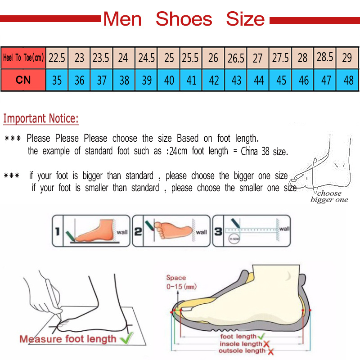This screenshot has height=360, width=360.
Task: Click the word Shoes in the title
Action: [184, 19]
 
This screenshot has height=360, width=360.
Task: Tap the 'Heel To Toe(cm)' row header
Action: [23, 58]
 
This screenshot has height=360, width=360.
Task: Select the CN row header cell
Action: [23, 80]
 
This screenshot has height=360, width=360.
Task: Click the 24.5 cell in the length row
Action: [147, 58]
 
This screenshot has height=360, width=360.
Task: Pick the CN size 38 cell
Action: [124, 80]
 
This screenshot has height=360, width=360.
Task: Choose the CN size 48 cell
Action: [348, 80]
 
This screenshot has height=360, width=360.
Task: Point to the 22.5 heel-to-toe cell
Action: [57, 58]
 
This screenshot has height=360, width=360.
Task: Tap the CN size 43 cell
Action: [236, 80]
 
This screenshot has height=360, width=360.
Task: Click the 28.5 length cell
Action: [325, 57]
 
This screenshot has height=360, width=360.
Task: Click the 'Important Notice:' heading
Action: [41, 119]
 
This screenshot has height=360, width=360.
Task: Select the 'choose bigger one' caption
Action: [329, 197]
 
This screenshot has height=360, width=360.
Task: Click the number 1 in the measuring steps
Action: [58, 232]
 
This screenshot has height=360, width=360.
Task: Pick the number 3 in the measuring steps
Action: [218, 232]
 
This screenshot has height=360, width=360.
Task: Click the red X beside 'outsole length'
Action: [270, 351]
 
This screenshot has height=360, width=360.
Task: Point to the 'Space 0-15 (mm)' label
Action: [180, 282]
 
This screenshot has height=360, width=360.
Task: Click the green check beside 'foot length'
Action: [261, 336]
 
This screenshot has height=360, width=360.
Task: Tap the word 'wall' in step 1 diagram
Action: [122, 232]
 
